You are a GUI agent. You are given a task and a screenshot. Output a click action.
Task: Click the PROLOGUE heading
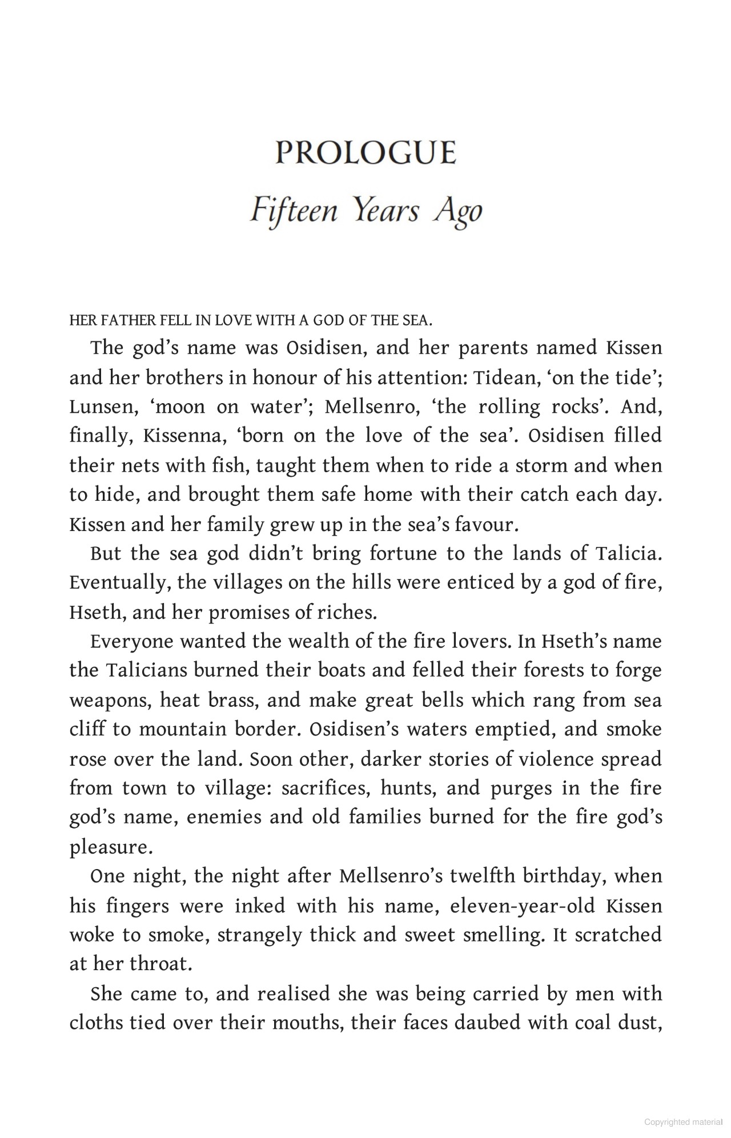click(x=365, y=152)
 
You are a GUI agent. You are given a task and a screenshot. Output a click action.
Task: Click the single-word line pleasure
click(x=111, y=847)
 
